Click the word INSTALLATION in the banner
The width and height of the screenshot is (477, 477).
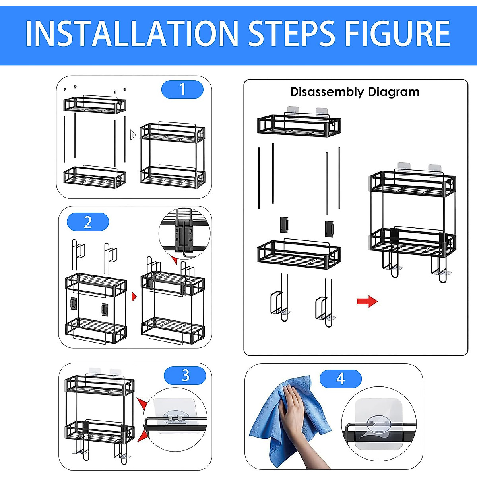131,33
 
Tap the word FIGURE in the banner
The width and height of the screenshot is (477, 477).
397,33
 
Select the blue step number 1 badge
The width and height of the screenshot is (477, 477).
182,90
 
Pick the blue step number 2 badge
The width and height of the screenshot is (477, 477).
88,222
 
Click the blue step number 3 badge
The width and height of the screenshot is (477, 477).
185,376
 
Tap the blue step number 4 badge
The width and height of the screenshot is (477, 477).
341,379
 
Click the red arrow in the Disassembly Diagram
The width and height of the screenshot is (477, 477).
367,301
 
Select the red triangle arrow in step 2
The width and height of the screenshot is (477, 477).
134,297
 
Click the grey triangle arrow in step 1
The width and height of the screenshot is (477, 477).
133,135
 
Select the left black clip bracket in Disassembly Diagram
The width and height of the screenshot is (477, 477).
284,225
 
